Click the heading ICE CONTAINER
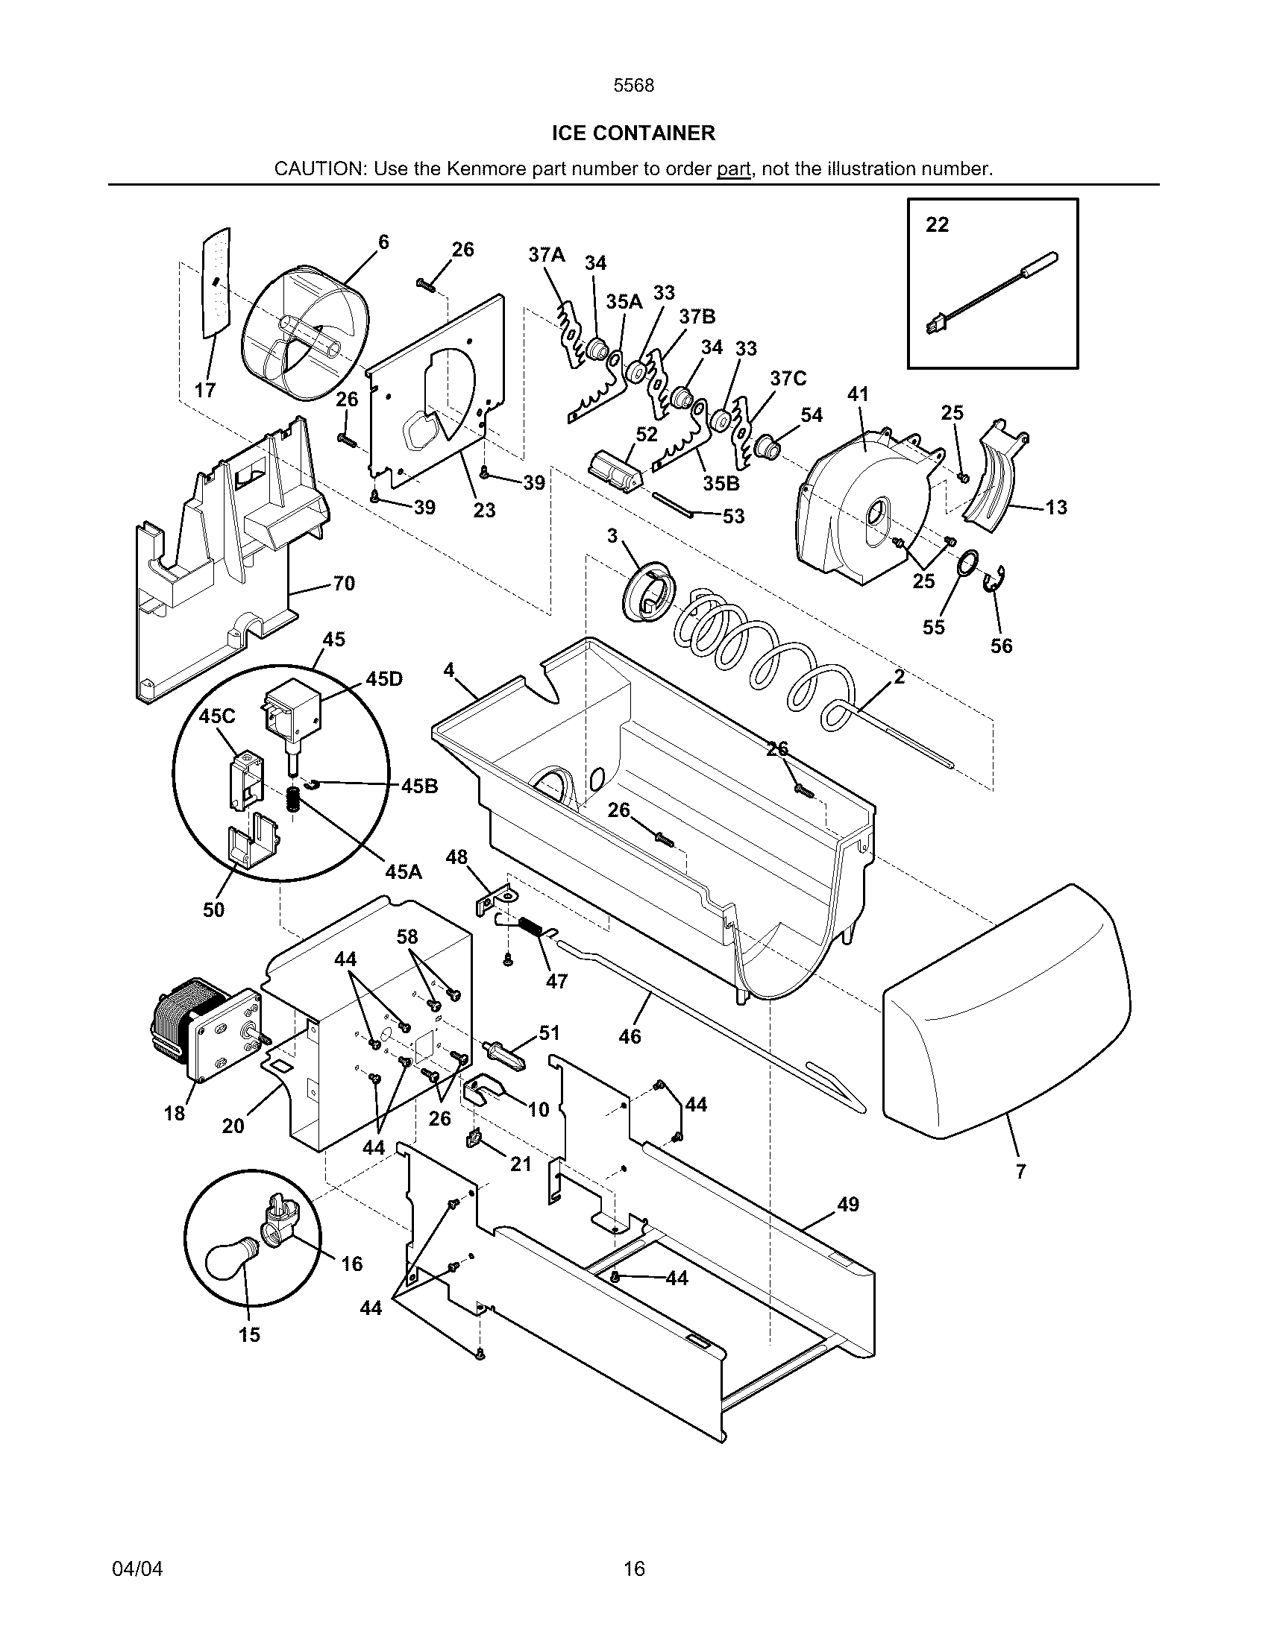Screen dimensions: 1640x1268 tap(633, 133)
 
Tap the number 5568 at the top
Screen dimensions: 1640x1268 tap(633, 86)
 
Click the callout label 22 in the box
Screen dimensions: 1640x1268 tap(937, 224)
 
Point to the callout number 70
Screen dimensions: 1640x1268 tap(343, 584)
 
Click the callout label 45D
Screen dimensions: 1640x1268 tap(384, 679)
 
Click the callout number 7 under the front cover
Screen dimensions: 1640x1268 tap(1020, 1171)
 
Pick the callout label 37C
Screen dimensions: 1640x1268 tap(788, 379)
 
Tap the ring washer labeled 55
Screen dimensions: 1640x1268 tap(969, 563)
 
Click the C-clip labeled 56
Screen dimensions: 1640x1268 tap(996, 579)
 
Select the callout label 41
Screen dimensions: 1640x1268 tap(858, 394)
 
